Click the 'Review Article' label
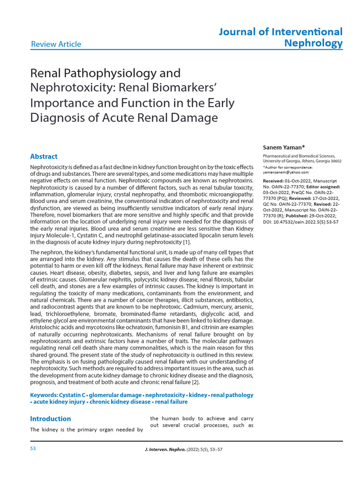coord(56,45)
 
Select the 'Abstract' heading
coord(44,157)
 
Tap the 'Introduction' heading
coord(51,419)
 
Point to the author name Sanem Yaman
coord(284,147)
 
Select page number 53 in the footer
coord(33,448)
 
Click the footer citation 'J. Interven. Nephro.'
coord(166,450)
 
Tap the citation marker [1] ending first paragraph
coord(186,242)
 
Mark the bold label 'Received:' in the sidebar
coord(276,180)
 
